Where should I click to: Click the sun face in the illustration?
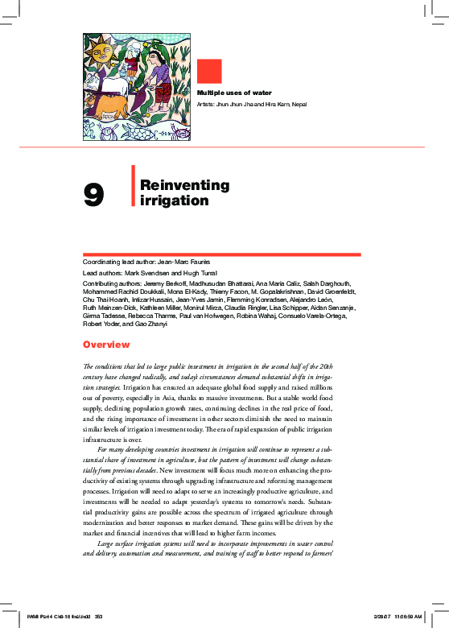pos(102,55)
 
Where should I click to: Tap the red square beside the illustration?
pos(209,72)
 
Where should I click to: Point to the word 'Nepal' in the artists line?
pos(299,105)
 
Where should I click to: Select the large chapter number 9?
pos(94,195)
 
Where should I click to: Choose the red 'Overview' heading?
pos(106,345)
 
